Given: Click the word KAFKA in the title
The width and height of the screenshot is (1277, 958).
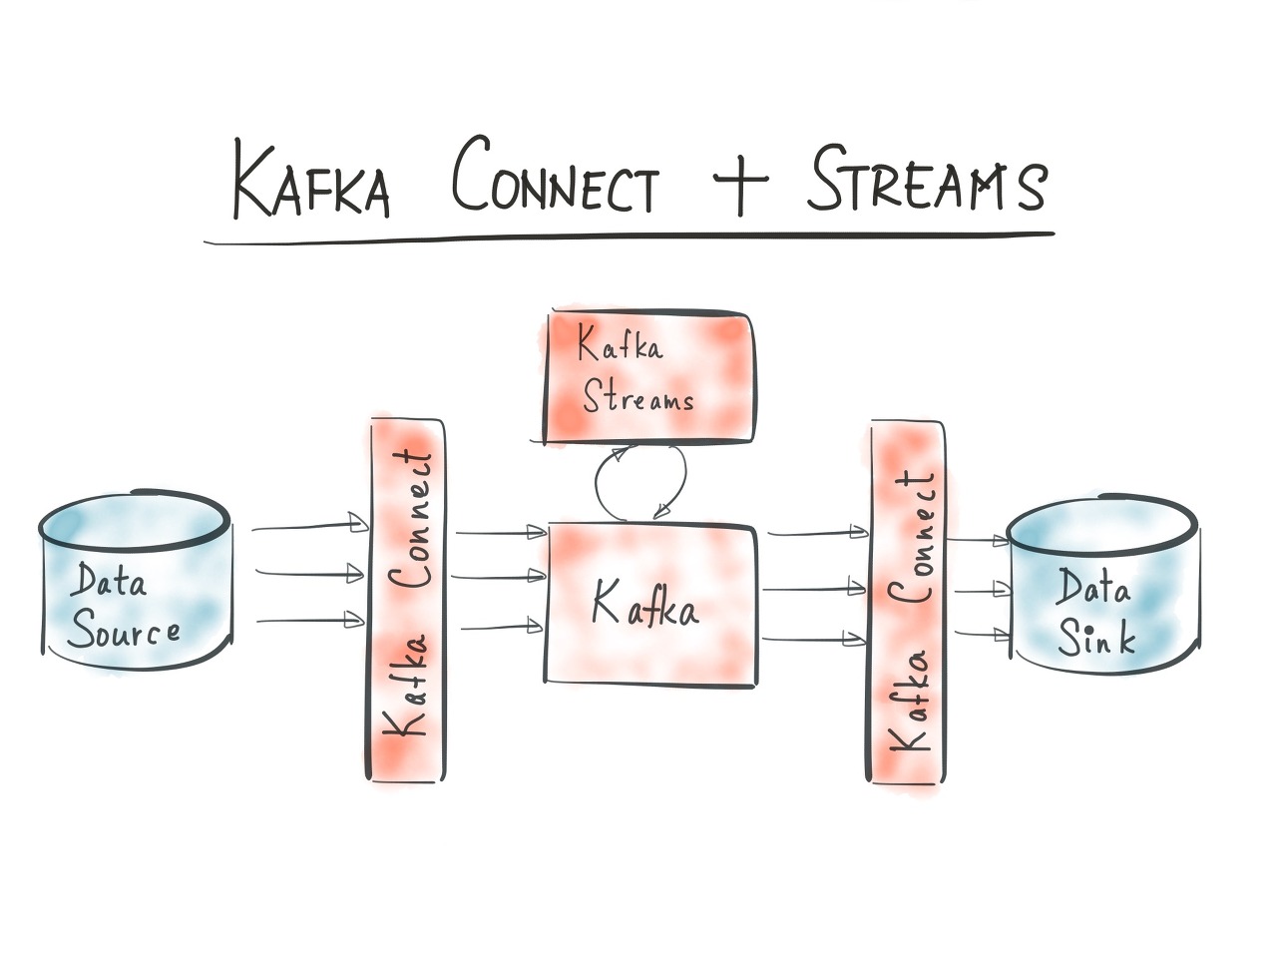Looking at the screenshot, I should pos(310,182).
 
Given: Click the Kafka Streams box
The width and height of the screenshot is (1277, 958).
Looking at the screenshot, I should pos(648,377).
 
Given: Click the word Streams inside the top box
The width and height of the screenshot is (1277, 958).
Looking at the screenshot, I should pos(638,399).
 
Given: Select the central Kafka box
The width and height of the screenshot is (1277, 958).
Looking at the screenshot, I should pos(650,603).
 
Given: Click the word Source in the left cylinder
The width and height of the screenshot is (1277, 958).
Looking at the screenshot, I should pos(125,633).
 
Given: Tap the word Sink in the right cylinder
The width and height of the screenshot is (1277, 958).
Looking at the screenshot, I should pos(1096,637).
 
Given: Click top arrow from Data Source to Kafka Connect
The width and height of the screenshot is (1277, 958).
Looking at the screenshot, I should pos(309,526).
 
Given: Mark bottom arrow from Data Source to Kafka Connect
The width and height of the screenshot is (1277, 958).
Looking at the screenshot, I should pos(309,620).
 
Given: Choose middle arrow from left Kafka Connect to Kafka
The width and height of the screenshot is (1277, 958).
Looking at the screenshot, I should pos(499,576).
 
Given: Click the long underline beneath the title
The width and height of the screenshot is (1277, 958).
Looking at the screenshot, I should pos(629,238).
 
